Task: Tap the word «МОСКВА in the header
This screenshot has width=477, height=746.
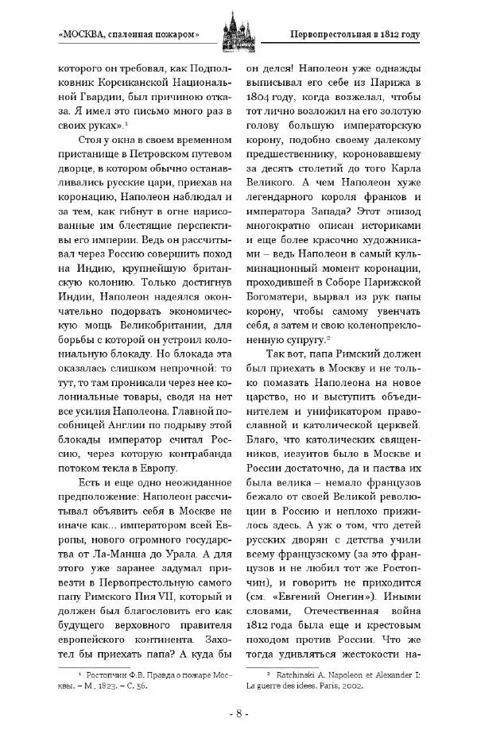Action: point(87,35)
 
